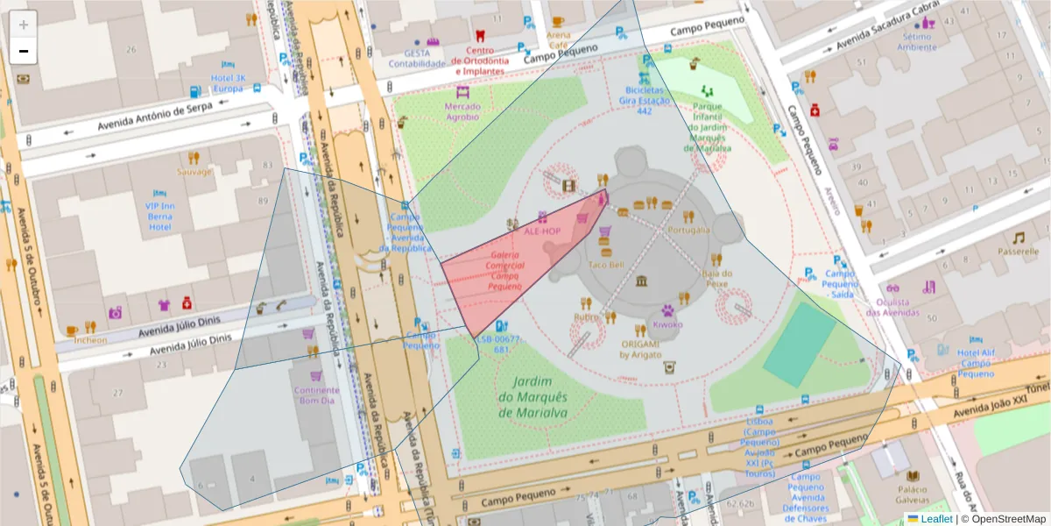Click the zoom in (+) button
pyautogui.click(x=24, y=25)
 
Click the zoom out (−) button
pyautogui.click(x=24, y=52)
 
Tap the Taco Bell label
pyautogui.click(x=605, y=264)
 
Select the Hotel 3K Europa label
pyautogui.click(x=228, y=83)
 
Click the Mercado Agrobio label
pyautogui.click(x=462, y=110)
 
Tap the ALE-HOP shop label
pyautogui.click(x=542, y=231)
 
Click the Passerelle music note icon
pyautogui.click(x=1018, y=238)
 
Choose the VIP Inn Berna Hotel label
pyautogui.click(x=159, y=216)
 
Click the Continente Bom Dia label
pyautogui.click(x=316, y=394)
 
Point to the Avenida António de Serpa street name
pyautogui.click(x=145, y=112)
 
